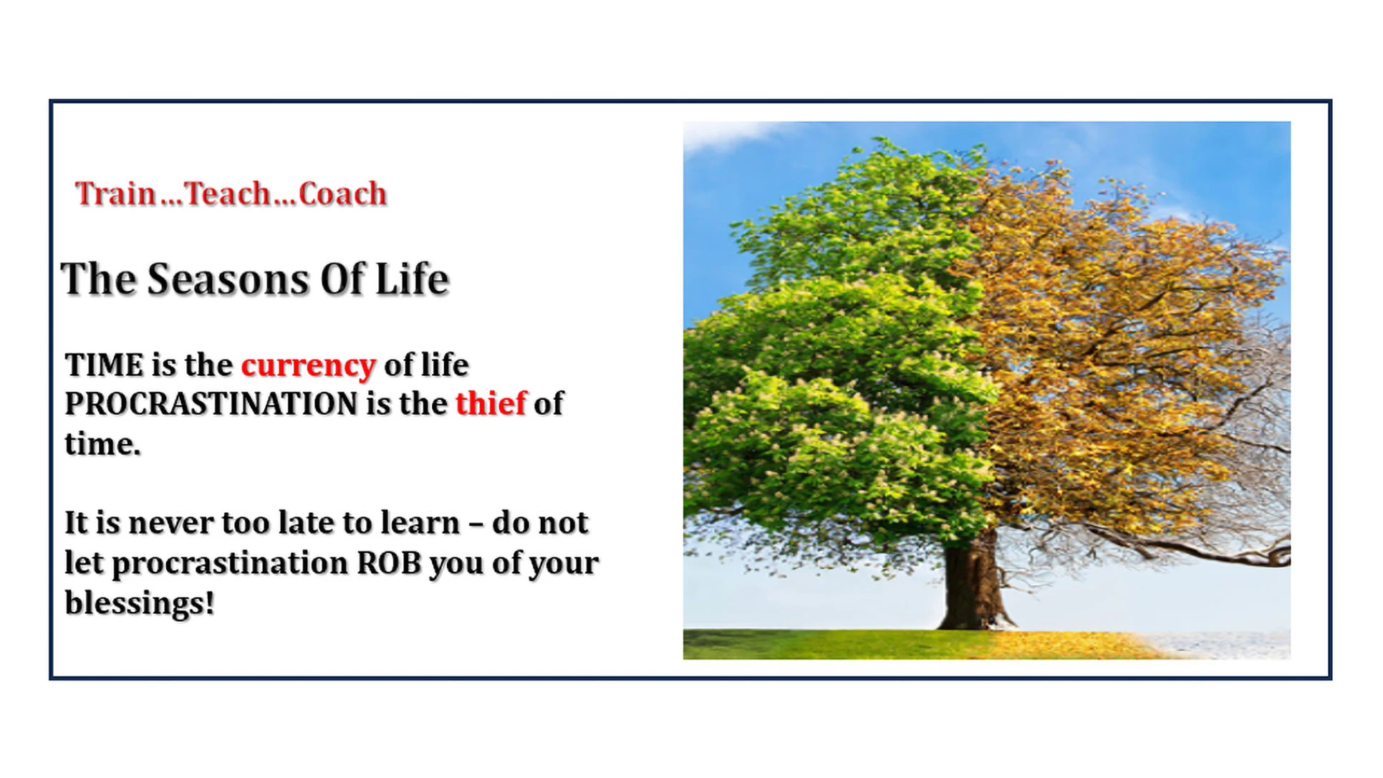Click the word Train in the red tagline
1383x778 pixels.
coord(115,193)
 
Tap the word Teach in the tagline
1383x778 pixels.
coord(228,193)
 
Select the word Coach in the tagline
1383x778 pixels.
coord(342,193)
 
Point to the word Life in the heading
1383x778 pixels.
coord(412,279)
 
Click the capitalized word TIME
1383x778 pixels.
coord(105,365)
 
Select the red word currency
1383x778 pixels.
coord(309,367)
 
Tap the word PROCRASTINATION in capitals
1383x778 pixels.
coord(211,404)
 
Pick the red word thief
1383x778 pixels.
coord(491,403)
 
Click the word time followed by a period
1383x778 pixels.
coord(102,444)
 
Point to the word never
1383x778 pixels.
coord(170,524)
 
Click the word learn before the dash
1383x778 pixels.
coord(420,523)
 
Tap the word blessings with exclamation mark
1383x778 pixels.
coord(140,603)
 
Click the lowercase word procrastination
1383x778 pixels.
coord(230,565)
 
